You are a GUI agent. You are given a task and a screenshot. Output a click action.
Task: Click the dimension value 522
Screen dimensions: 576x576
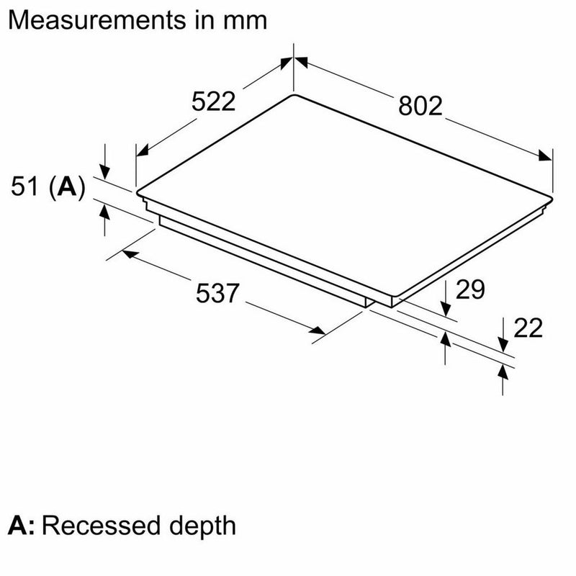click(x=214, y=102)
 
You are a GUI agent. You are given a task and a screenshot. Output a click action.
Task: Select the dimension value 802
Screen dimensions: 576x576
click(x=419, y=106)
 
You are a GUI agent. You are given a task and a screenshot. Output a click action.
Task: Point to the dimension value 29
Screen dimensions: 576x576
click(x=470, y=289)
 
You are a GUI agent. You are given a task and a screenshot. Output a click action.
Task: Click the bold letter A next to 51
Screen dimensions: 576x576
click(x=66, y=188)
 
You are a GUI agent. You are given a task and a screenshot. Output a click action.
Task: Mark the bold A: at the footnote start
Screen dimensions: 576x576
click(x=23, y=525)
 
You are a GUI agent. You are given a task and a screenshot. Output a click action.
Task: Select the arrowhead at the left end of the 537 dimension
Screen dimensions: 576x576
click(x=128, y=253)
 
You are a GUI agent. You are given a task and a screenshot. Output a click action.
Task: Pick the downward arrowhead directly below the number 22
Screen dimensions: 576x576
click(x=503, y=348)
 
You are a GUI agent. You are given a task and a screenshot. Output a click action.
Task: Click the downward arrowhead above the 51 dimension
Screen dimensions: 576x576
click(x=105, y=171)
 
